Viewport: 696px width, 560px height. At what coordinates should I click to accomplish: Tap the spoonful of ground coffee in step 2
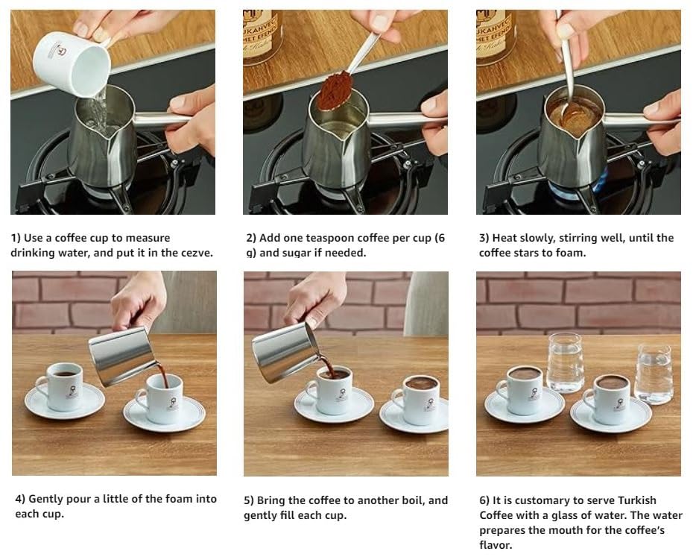pos(335,90)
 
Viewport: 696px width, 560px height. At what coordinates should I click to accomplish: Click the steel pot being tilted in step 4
pos(121,356)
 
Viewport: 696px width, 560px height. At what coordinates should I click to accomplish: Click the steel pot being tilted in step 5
pos(285,350)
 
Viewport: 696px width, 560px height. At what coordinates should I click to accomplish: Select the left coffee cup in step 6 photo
pos(522,389)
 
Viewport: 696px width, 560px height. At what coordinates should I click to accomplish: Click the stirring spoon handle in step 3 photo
pos(566,60)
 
